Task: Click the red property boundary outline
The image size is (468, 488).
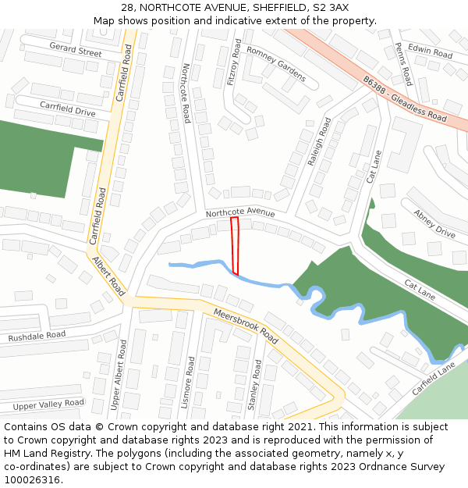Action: [235, 245]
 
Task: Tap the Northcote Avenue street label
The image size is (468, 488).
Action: [240, 212]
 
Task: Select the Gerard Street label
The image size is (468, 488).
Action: [76, 50]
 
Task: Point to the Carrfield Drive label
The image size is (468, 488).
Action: [67, 109]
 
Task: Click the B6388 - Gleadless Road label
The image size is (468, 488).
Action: [404, 98]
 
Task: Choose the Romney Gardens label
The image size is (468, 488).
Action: [276, 62]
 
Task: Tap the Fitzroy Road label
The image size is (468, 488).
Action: [234, 63]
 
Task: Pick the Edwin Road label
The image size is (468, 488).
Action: [430, 53]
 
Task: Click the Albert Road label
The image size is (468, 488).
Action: [108, 276]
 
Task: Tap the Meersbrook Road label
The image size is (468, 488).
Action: [245, 325]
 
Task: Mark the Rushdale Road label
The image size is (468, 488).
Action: [37, 337]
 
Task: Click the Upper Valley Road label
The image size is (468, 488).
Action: [48, 404]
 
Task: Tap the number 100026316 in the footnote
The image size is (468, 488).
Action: [33, 479]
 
